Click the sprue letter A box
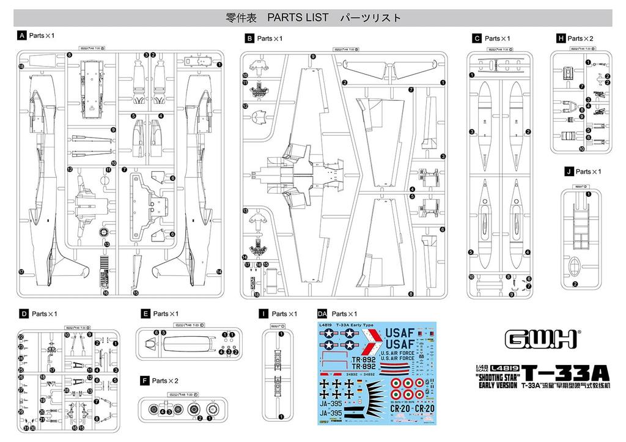coord(22,35)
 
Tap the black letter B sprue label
coord(249,38)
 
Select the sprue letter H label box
coord(560,38)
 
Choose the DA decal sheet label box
coord(323,314)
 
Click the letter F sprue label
coord(144,380)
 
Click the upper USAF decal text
coord(401,333)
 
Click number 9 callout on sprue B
coord(313,56)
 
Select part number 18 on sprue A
coord(21,67)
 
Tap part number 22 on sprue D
coord(21,337)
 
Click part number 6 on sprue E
coord(156,333)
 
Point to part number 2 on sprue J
coord(575,284)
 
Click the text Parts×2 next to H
coord(580,38)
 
